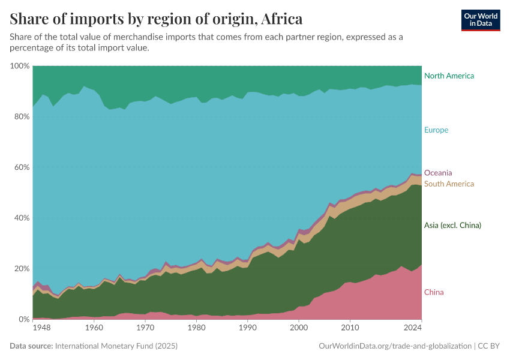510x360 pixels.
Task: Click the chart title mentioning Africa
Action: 156,19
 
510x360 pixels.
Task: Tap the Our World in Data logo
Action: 480,20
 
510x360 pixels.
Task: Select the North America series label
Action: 449,76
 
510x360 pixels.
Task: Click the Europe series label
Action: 436,130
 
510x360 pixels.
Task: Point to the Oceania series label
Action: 438,173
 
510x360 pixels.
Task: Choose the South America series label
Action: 449,184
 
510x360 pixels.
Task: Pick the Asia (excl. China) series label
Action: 452,226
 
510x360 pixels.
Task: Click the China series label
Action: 434,293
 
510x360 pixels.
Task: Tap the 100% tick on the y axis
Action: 20,66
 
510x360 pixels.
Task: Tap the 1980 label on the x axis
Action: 196,328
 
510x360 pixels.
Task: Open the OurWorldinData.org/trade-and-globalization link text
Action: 395,346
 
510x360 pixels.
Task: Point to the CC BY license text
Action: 489,346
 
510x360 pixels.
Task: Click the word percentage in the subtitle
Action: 31,48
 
